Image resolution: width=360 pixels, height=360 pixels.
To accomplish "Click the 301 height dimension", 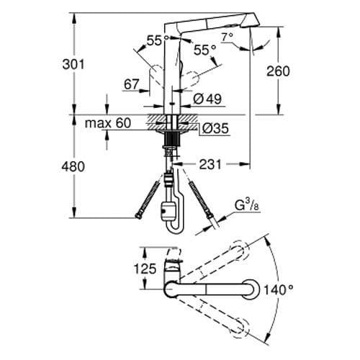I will point(73,64).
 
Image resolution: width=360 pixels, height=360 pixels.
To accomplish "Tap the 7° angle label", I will point(228,36).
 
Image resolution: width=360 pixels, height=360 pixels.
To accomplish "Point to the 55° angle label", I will point(205,50).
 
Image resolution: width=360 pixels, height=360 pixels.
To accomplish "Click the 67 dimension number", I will point(130,85).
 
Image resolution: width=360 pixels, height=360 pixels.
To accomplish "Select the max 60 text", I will point(107,123).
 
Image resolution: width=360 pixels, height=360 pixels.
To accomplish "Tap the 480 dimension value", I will point(73,166).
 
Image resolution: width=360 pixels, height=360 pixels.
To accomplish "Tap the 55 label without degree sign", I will point(153,41).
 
